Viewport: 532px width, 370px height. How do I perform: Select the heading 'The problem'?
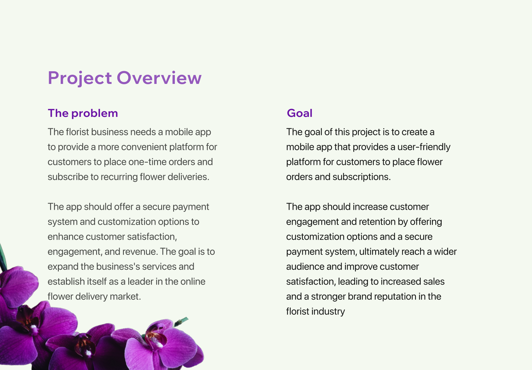(83, 113)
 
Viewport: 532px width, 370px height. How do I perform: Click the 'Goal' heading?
(300, 113)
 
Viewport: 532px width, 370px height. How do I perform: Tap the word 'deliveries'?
(188, 177)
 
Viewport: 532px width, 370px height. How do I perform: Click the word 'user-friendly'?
(424, 147)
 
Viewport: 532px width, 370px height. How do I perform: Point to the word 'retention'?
(377, 222)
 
